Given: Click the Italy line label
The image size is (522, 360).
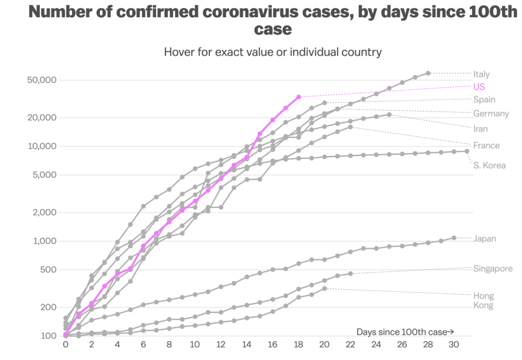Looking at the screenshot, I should tap(481, 74).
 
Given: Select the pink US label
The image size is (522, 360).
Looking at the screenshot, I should tap(479, 87).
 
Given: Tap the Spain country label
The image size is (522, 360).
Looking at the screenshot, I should tap(484, 99).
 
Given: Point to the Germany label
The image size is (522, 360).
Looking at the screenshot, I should tap(491, 113).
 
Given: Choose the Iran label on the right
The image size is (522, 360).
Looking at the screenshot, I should tap(480, 129).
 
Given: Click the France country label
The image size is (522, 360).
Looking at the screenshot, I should tap(486, 145).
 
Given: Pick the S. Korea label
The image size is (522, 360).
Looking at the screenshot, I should tap(489, 165).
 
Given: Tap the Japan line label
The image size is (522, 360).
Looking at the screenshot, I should tap(484, 239).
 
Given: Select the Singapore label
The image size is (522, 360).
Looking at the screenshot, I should tap(493, 269).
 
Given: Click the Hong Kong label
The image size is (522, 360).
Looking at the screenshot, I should tap(483, 300).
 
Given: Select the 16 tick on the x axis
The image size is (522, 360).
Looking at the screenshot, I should tap(273, 345).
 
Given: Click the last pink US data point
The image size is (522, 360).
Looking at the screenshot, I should tap(299, 96).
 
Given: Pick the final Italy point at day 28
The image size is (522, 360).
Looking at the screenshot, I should tap(428, 73).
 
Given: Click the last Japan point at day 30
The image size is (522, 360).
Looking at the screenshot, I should tap(454, 238).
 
